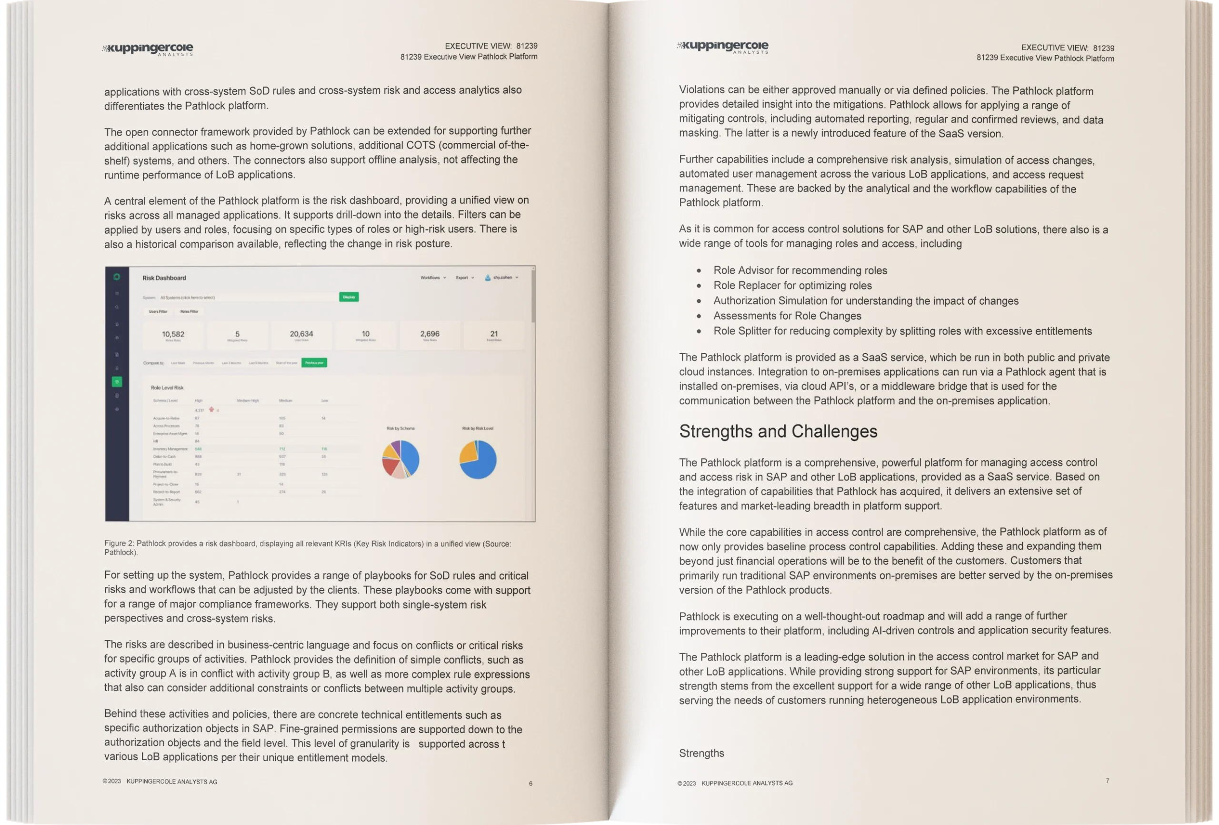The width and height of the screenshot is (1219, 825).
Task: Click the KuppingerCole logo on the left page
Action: [x=148, y=50]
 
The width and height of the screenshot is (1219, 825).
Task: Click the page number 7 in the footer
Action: [x=1107, y=781]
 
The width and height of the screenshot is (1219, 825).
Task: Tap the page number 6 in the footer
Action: [x=530, y=784]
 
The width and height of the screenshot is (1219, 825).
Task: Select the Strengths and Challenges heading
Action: [x=778, y=431]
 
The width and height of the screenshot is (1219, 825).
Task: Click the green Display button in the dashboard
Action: [x=349, y=297]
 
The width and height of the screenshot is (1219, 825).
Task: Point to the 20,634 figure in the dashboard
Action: [x=301, y=334]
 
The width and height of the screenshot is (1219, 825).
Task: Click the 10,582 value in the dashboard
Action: [x=173, y=334]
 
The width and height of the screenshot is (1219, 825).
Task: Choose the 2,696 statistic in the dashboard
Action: [x=430, y=334]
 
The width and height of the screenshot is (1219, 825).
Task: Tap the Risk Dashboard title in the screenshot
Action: [x=164, y=278]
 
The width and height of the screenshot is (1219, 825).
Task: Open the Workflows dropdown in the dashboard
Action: [x=433, y=278]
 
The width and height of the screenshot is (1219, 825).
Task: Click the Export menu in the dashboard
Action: [x=464, y=278]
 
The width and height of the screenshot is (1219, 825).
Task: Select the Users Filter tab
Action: [x=158, y=311]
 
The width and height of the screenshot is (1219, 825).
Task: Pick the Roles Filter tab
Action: [x=190, y=311]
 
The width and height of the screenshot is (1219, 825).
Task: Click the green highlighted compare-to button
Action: [x=314, y=362]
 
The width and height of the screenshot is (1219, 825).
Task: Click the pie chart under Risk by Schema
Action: [x=401, y=459]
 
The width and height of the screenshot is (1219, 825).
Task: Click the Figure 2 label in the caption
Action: [x=119, y=543]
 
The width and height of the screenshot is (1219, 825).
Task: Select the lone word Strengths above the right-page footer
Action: [x=701, y=753]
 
